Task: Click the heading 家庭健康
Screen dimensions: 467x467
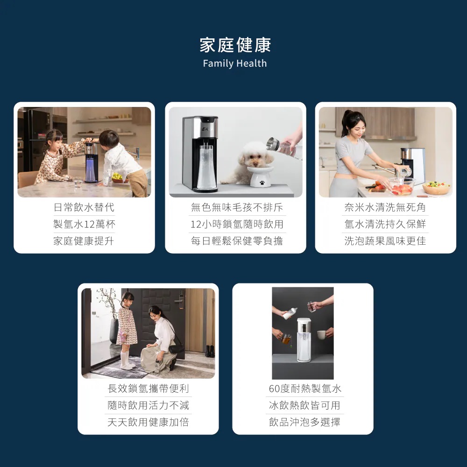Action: pyautogui.click(x=235, y=45)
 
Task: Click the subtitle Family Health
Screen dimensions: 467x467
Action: pyautogui.click(x=235, y=64)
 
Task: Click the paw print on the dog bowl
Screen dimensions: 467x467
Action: pyautogui.click(x=262, y=182)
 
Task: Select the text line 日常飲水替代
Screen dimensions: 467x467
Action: pyautogui.click(x=84, y=207)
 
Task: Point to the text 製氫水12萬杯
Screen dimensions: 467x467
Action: pyautogui.click(x=84, y=224)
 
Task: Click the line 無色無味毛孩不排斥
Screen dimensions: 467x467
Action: pyautogui.click(x=237, y=207)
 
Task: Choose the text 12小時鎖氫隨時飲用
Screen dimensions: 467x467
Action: pyautogui.click(x=237, y=224)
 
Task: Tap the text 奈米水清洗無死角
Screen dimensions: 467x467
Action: pyautogui.click(x=385, y=207)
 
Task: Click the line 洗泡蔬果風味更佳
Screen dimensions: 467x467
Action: pyautogui.click(x=385, y=241)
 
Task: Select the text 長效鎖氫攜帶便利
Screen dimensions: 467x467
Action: pyautogui.click(x=148, y=389)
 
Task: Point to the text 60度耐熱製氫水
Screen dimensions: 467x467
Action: pyautogui.click(x=304, y=389)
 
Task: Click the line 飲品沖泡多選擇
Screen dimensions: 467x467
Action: pyautogui.click(x=304, y=422)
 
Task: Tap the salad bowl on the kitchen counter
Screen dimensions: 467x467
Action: pyautogui.click(x=436, y=188)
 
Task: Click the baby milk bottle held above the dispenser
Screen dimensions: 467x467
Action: pyautogui.click(x=290, y=314)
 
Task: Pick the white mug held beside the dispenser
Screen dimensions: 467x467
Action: pyautogui.click(x=321, y=334)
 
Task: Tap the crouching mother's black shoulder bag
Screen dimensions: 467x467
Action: pyautogui.click(x=176, y=348)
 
